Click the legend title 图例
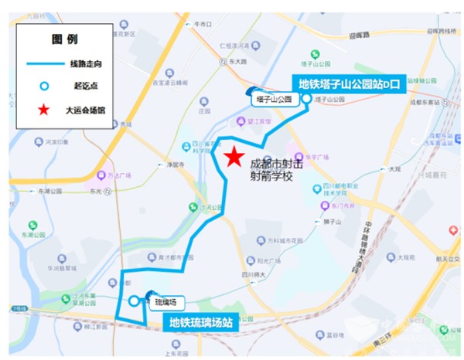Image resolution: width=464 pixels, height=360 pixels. click(x=63, y=38)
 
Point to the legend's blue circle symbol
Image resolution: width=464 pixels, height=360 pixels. click(x=44, y=85)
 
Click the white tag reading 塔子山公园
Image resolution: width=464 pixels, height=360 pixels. click(x=274, y=100)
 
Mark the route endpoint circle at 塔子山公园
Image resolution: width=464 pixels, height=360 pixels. click(x=307, y=100)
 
